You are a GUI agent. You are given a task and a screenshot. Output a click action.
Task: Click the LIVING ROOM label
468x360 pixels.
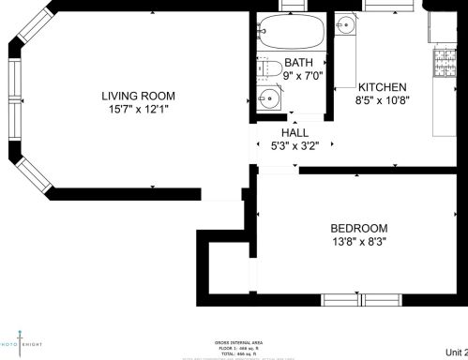[139, 95]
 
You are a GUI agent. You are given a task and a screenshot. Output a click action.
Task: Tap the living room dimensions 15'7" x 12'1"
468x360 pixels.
[139, 109]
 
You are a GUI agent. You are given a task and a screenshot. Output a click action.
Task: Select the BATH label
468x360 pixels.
[297, 62]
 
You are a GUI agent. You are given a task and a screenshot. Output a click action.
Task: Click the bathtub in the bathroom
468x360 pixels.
[291, 35]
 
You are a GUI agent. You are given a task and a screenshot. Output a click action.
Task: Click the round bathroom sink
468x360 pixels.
[269, 97]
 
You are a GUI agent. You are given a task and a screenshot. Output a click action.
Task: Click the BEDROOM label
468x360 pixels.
[358, 228]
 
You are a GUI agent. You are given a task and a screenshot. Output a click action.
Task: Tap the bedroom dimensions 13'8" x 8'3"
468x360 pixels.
[358, 242]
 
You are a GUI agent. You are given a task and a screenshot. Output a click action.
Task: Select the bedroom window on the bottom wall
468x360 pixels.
[362, 300]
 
